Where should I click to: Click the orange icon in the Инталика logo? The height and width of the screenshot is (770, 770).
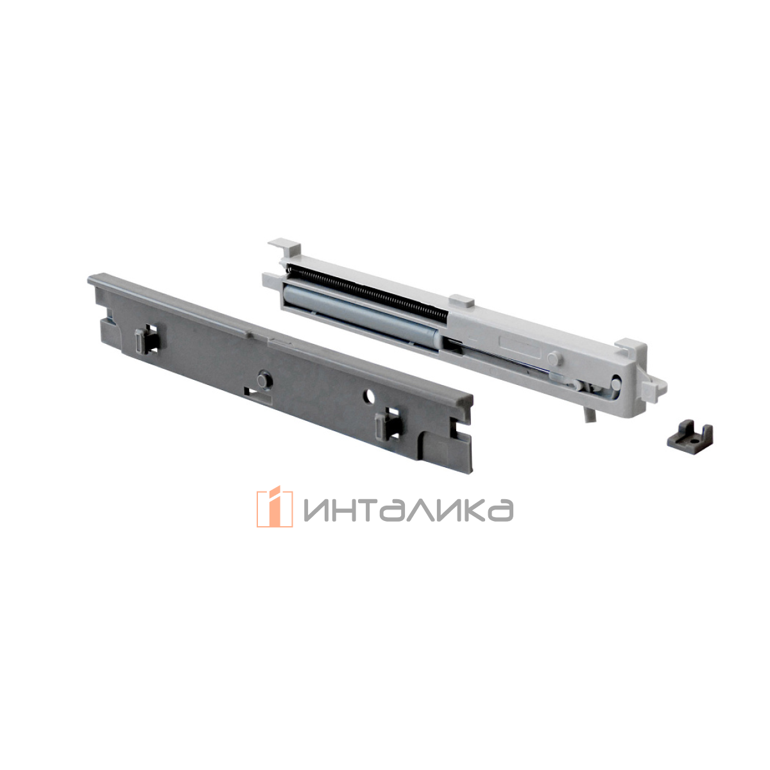pos(275,506)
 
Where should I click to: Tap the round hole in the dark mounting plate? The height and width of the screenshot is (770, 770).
pos(368,396)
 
